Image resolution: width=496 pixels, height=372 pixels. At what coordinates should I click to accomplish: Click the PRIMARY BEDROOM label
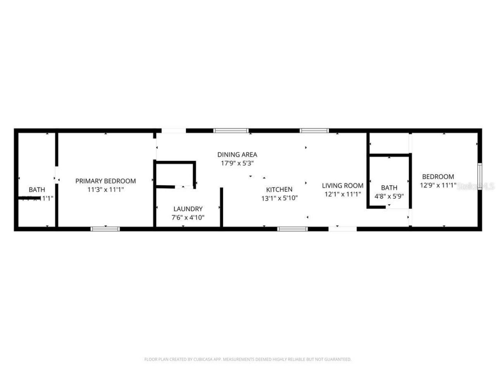[105, 181]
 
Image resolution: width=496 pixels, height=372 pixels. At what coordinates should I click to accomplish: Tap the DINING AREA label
[237, 155]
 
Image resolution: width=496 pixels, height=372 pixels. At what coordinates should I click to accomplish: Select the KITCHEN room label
[279, 189]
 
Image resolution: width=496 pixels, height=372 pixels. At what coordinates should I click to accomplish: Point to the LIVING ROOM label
[343, 186]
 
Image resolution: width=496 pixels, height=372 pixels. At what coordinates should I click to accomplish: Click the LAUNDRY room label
[188, 209]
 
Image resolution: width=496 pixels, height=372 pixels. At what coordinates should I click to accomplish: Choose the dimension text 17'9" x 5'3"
[237, 164]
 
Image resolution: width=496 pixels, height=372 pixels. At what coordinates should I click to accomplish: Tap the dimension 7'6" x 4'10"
[188, 218]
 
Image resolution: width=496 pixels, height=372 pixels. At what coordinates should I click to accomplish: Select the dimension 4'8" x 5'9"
[389, 196]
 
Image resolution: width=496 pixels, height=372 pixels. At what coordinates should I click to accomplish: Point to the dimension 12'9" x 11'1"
[438, 185]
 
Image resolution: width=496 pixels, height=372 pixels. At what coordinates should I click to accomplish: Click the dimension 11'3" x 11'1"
[105, 190]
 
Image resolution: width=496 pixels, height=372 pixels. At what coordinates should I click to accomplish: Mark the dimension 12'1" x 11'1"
[343, 195]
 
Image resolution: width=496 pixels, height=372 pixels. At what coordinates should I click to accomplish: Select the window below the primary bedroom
[105, 229]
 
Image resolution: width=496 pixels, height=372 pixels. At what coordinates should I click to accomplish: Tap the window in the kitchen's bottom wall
[293, 229]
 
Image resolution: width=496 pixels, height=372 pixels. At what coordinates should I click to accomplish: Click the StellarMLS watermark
[476, 186]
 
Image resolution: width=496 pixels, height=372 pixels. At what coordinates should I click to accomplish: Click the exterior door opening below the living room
[343, 229]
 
